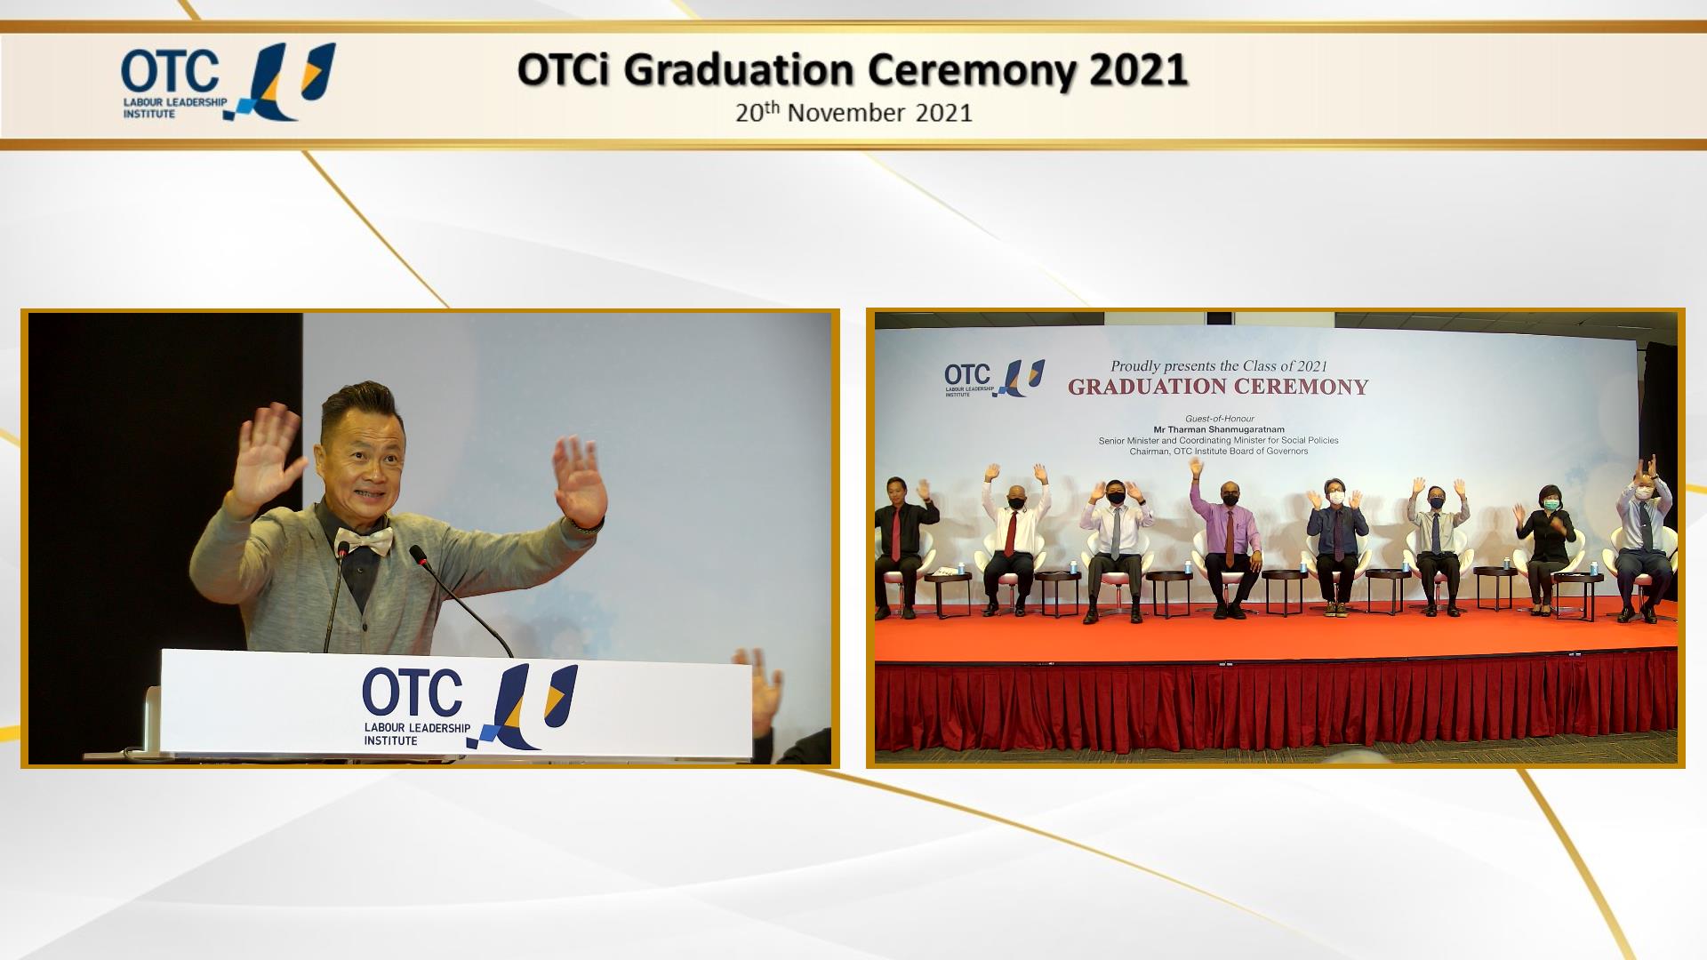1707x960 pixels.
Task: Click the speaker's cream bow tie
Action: tap(363, 539)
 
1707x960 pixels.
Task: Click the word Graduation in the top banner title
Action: tap(740, 71)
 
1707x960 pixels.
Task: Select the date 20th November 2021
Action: tap(853, 113)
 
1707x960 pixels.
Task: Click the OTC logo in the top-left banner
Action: tap(228, 82)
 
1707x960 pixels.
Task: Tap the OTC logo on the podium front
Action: tap(469, 707)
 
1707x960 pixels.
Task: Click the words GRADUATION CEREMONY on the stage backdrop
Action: tap(1218, 387)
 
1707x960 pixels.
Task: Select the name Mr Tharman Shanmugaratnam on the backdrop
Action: tap(1219, 429)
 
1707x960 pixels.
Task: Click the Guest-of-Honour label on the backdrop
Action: tap(1219, 419)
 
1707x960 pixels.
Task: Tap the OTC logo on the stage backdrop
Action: tap(994, 378)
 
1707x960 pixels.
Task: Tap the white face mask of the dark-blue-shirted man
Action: tap(1335, 498)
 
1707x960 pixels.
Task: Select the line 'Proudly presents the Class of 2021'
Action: tap(1219, 365)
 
